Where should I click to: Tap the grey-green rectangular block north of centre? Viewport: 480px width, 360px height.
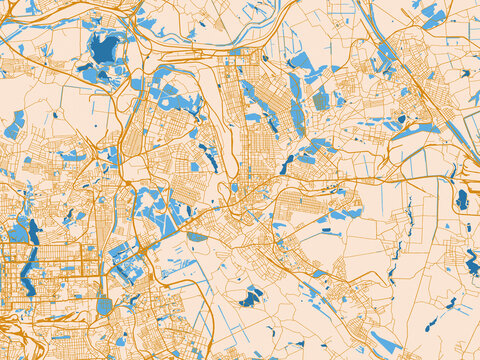click(x=320, y=101)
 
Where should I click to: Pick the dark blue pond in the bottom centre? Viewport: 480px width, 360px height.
click(x=250, y=297)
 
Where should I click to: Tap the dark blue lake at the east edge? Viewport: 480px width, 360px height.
click(x=461, y=199)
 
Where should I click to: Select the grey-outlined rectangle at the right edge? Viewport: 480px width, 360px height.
click(x=472, y=129)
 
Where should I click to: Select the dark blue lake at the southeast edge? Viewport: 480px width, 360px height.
click(x=471, y=262)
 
